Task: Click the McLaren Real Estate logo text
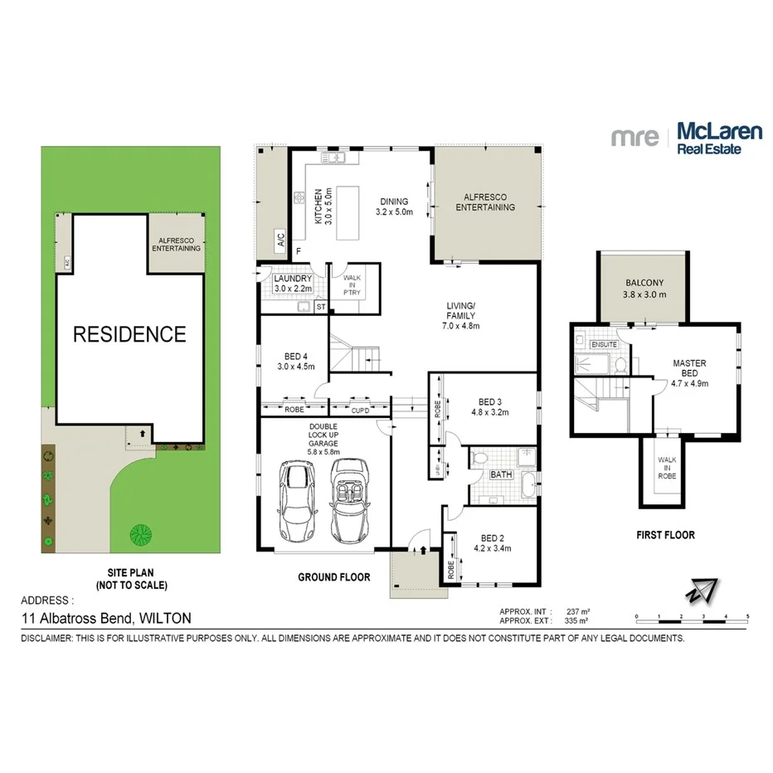click(x=709, y=138)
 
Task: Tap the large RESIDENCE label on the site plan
click(x=129, y=334)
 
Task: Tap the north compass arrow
click(x=698, y=591)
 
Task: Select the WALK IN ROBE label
click(x=667, y=469)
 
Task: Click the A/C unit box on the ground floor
click(x=281, y=242)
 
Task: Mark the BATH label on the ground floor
click(x=501, y=474)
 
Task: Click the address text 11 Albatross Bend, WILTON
click(x=106, y=617)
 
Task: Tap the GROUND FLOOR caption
click(x=333, y=576)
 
